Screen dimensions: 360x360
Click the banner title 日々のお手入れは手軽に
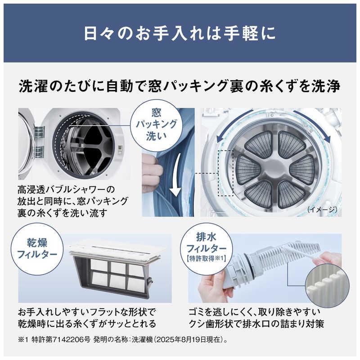[x=180, y=34]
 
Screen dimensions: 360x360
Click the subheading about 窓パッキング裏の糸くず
[x=180, y=86]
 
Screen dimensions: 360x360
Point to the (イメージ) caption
[x=323, y=210]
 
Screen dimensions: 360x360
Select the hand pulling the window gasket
[x=152, y=175]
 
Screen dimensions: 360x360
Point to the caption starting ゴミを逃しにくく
[x=261, y=318]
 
